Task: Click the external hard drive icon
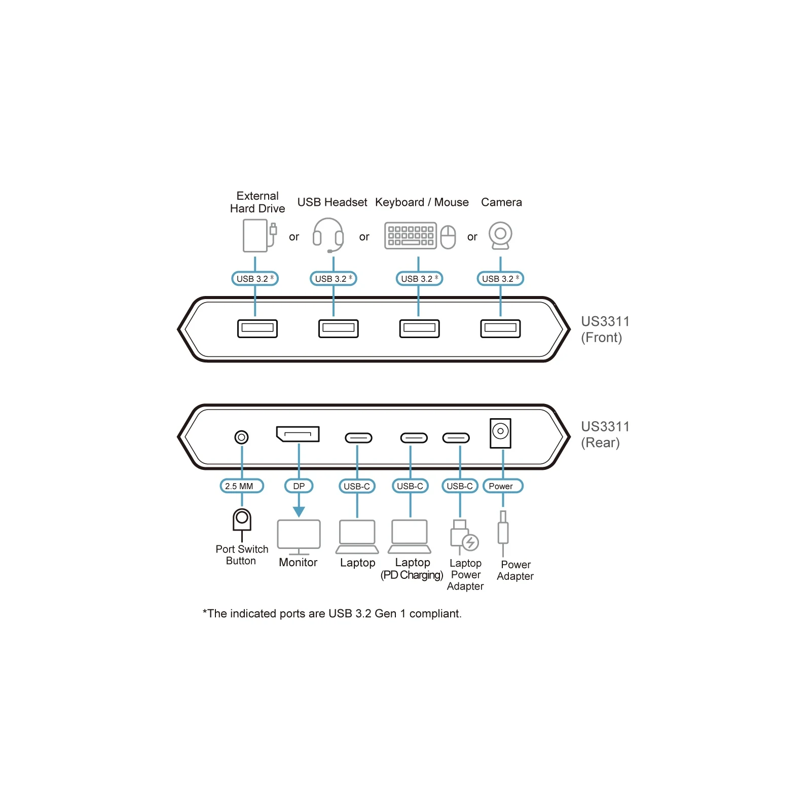[x=259, y=235]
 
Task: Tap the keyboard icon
[x=411, y=236]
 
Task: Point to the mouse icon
[x=448, y=237]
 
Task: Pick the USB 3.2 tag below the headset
[x=334, y=278]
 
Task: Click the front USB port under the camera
[x=500, y=328]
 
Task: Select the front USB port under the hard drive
[x=257, y=328]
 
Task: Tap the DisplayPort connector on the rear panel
[x=298, y=434]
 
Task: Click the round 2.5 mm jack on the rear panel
[x=242, y=437]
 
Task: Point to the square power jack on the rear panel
[x=500, y=433]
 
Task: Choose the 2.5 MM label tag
[x=242, y=486]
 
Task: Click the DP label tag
[x=299, y=486]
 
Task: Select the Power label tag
[x=503, y=486]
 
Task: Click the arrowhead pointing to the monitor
[x=299, y=512]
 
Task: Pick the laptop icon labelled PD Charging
[x=410, y=536]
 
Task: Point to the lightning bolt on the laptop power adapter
[x=470, y=542]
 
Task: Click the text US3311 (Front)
[x=605, y=329]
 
